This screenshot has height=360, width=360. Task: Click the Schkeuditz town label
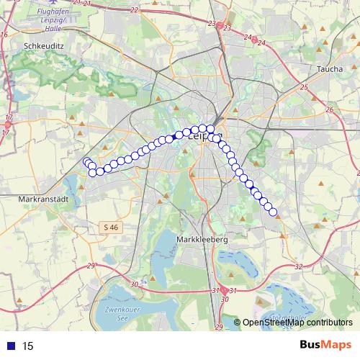45,44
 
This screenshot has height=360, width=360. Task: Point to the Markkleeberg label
202,239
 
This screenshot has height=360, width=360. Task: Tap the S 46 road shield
109,228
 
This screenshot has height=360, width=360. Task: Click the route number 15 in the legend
28,346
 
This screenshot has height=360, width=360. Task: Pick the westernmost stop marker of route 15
86,162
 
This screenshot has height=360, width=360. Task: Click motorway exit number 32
298,266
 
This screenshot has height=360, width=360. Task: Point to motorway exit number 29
91,266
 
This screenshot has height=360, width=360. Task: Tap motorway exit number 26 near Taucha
330,109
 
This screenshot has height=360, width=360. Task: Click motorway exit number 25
304,87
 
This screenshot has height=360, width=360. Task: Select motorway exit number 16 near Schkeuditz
4,34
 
